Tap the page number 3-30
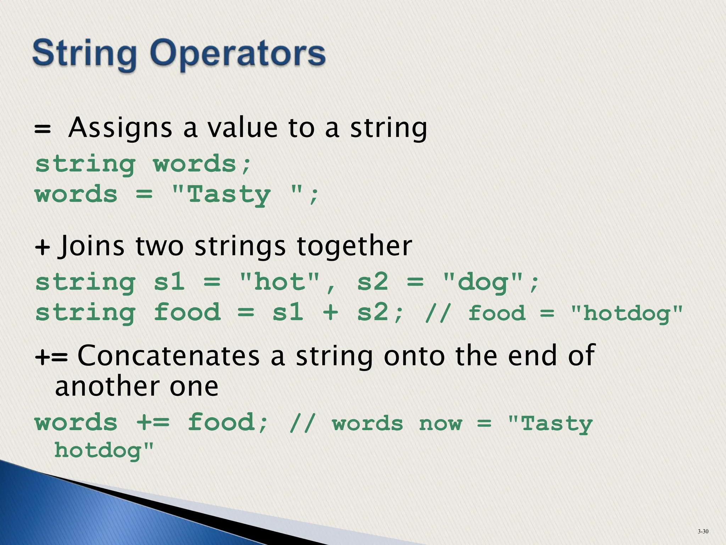[x=703, y=531]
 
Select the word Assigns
[x=120, y=128]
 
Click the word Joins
[x=93, y=246]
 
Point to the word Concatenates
[x=168, y=356]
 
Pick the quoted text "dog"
[x=483, y=282]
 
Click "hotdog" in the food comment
[x=627, y=313]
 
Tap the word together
[x=354, y=246]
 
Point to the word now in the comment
[x=441, y=423]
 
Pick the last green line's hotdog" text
[x=104, y=451]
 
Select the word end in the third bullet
[x=532, y=356]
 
